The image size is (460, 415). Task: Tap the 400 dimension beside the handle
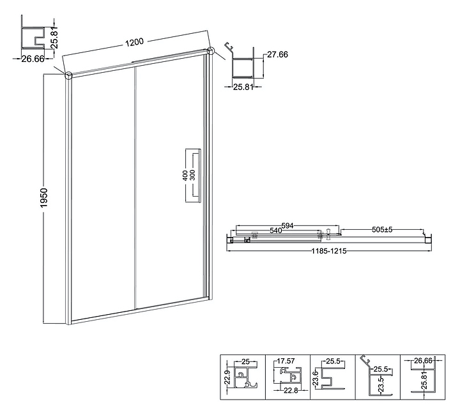pyautogui.click(x=185, y=176)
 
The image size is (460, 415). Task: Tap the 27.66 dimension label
pyautogui.click(x=276, y=55)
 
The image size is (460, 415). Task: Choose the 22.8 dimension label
pyautogui.click(x=291, y=391)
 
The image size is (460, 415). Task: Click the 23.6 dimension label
pyautogui.click(x=316, y=377)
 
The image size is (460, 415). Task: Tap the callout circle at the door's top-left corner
pyautogui.click(x=68, y=75)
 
